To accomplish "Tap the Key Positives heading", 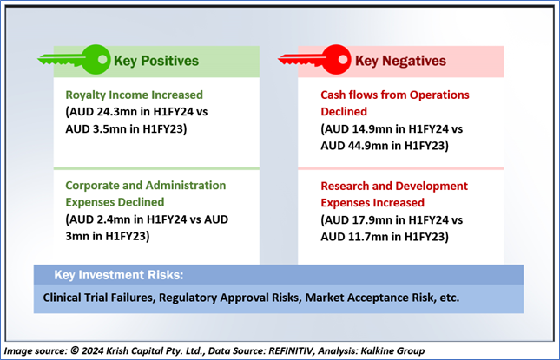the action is [156, 61].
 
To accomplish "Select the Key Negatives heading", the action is [400, 61].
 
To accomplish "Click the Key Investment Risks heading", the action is [119, 275].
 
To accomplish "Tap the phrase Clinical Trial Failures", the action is [99, 298].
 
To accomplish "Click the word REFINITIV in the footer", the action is [291, 351].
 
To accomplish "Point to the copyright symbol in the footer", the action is [75, 350].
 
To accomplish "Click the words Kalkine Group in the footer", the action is [392, 351].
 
